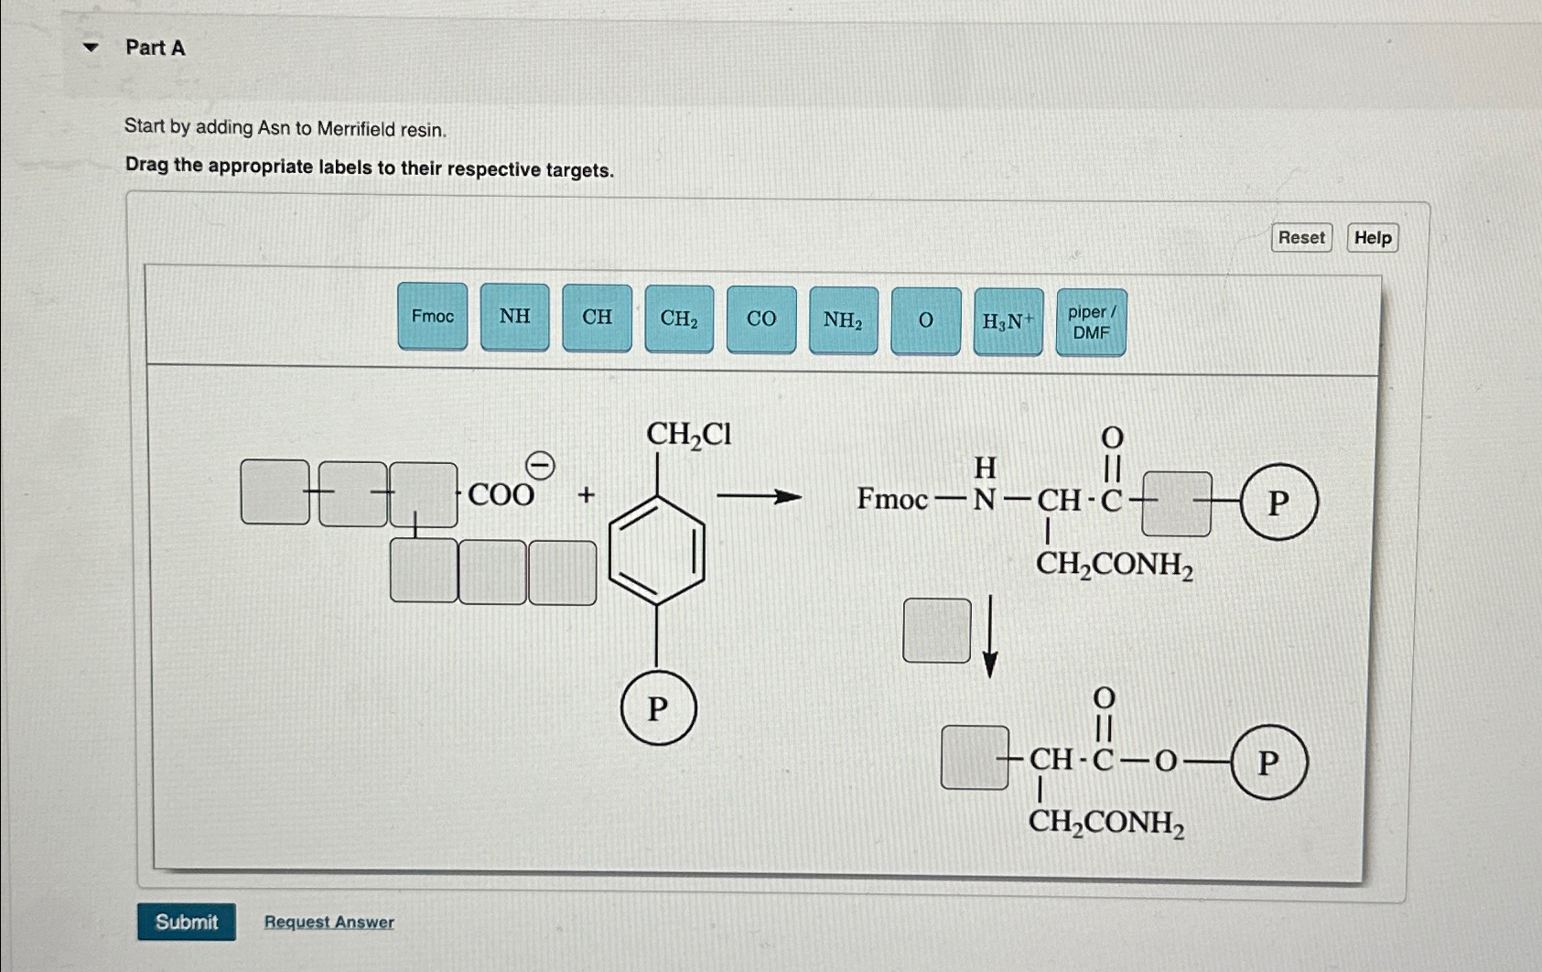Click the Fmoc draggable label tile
pos(432,316)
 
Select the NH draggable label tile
pos(514,317)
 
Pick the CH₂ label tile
pos(679,319)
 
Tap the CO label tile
pos(761,319)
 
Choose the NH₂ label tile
pos(843,320)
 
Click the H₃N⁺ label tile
pos(1008,321)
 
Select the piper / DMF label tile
pos(1091,323)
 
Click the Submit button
pos(187,922)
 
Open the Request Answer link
pos(329,922)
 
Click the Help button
pos(1372,238)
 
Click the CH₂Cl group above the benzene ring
pos(688,434)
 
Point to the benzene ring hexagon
pos(657,551)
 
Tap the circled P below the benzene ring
pos(658,707)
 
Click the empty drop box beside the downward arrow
pos(936,631)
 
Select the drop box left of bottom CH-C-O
pos(975,758)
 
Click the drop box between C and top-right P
pos(1177,503)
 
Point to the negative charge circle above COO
pos(541,466)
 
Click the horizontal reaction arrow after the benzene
pos(759,497)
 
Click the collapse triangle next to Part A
pos(91,47)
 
